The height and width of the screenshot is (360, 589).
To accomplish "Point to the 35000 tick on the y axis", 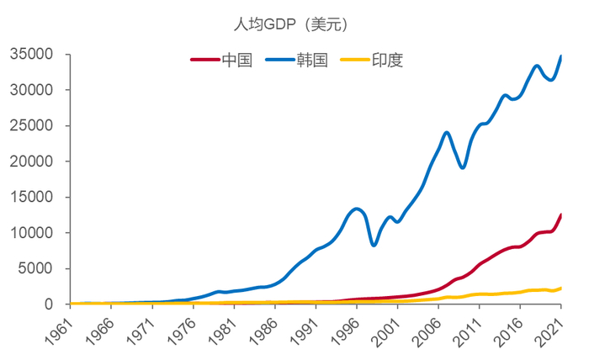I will (x=32, y=55).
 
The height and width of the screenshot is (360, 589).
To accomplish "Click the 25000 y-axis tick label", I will (x=32, y=126).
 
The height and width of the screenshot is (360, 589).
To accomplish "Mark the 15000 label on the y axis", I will (x=32, y=198).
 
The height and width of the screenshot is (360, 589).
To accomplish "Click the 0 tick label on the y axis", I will (x=50, y=304).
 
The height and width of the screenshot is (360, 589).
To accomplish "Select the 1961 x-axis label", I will (x=61, y=331).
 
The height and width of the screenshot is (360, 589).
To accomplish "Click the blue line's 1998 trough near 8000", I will (x=374, y=245).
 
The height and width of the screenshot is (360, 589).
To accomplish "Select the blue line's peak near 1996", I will (x=357, y=209).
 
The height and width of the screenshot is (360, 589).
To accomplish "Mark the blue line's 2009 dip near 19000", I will (x=463, y=167).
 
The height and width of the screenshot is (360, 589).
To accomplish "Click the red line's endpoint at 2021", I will (x=560, y=214).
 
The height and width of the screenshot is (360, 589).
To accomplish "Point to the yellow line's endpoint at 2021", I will (x=560, y=289).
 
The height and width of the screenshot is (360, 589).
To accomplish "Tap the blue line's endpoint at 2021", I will (x=560, y=56).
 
